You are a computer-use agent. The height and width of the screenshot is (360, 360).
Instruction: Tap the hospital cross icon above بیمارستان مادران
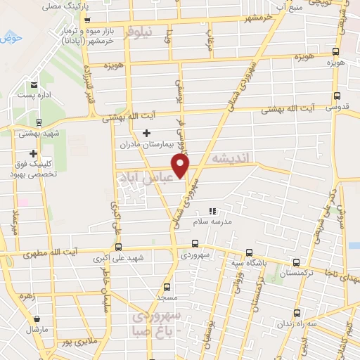coord(147,134)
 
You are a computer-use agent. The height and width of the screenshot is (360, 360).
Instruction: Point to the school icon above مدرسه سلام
coord(212,210)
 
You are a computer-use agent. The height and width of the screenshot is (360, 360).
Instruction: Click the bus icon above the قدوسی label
coord(337,96)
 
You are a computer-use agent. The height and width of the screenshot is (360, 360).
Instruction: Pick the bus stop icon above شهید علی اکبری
coord(118,247)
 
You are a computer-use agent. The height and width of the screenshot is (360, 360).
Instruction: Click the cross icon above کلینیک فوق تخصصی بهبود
coord(33,153)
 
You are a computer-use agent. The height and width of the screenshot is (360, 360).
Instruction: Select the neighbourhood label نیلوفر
coord(139,33)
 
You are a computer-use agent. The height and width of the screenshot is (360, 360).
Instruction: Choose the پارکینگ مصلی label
coord(60,6)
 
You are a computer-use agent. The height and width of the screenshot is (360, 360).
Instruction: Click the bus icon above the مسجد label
coord(167,287)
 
